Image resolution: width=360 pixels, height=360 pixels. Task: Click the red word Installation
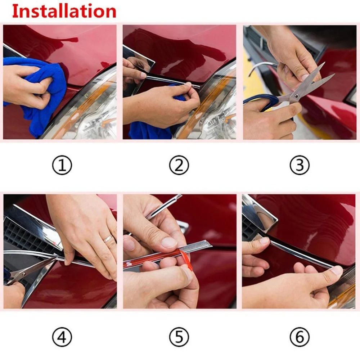coord(64,11)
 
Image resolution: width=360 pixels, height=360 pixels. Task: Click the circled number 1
coord(62,165)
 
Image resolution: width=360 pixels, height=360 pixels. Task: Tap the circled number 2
coord(179,165)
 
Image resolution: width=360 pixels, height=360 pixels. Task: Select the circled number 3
coord(300,165)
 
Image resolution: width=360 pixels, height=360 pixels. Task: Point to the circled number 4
coord(62,337)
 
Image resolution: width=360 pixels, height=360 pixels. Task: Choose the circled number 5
coord(179,337)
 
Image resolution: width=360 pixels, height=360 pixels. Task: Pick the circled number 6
coord(300,337)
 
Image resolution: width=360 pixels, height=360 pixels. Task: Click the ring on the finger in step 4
coord(108,238)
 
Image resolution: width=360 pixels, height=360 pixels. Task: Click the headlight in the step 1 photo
coord(94,115)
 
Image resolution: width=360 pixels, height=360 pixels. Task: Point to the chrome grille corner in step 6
coord(259,212)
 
